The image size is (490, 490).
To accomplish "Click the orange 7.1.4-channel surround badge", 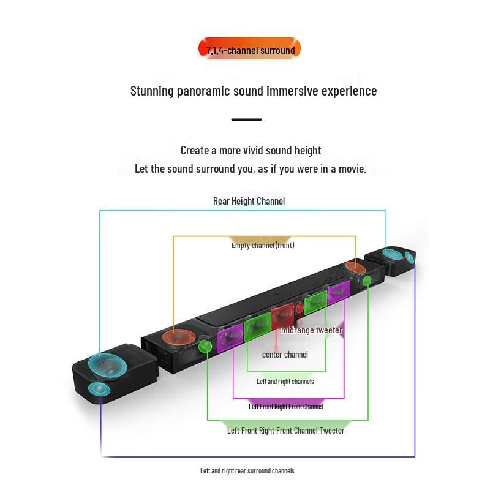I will pyautogui.click(x=250, y=50).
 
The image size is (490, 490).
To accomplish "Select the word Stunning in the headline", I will pyautogui.click(x=153, y=91).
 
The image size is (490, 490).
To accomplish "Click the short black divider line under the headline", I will pyautogui.click(x=247, y=119).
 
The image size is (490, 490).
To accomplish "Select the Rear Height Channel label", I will pyautogui.click(x=249, y=201).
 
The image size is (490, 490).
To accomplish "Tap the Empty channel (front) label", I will pyautogui.click(x=263, y=245).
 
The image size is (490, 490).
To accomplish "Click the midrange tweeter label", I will pyautogui.click(x=311, y=330).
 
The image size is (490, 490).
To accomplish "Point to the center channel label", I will pyautogui.click(x=285, y=355).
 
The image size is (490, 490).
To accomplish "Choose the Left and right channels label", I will pyautogui.click(x=285, y=382).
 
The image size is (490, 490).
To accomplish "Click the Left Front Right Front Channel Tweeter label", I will pyautogui.click(x=285, y=431).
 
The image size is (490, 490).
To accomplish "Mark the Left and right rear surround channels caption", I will pyautogui.click(x=247, y=470).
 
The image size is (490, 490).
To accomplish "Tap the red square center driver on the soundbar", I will pyautogui.click(x=282, y=318).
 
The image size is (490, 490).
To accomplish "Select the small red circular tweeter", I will pyautogui.click(x=299, y=308).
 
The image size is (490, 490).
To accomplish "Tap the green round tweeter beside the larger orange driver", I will pyautogui.click(x=205, y=347).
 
